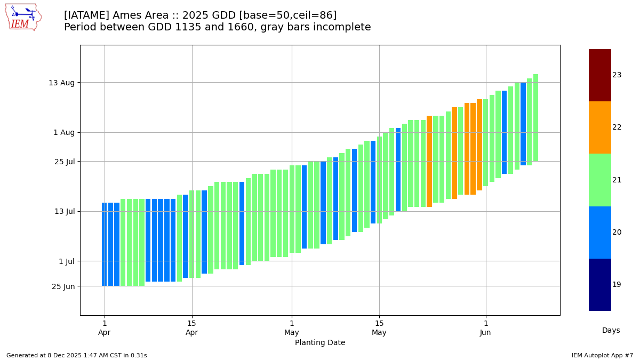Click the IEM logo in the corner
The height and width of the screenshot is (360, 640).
23,17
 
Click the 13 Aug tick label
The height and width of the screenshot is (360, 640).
61,83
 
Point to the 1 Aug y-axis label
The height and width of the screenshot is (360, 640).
64,132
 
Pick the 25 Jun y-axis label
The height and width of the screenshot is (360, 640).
63,286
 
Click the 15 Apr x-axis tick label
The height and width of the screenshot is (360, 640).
191,328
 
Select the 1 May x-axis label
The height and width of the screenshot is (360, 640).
292,328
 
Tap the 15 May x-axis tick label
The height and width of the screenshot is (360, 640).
379,328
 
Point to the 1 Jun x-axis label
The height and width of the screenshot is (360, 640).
485,328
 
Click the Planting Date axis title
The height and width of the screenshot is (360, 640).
320,343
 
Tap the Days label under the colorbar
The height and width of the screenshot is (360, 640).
611,331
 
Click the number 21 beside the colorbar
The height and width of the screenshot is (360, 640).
617,180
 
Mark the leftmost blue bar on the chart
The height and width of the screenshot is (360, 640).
104,244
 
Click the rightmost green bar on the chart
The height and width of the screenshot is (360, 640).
535,118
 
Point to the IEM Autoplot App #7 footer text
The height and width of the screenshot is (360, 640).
602,355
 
